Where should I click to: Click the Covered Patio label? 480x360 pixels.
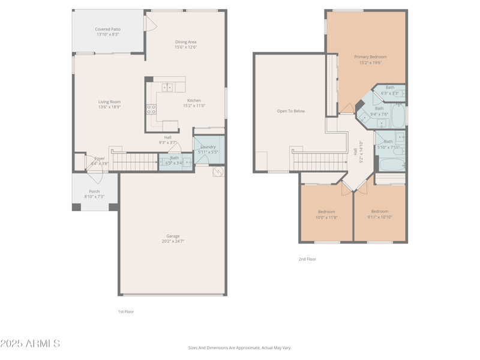coord(107,29)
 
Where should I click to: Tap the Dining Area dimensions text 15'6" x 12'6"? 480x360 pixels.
coord(185,47)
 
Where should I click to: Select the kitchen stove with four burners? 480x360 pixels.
coord(152,109)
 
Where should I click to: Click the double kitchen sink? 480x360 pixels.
coord(167,88)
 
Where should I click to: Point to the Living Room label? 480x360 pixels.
coord(110,102)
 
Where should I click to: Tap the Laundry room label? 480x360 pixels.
coord(208,146)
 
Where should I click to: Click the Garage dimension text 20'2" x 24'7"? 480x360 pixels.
coord(173,241)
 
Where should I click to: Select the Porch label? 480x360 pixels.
coord(94,191)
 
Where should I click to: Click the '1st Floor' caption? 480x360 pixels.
coord(126,311)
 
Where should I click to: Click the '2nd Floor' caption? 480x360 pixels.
coord(307,259)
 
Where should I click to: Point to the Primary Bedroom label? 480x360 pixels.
coord(370,57)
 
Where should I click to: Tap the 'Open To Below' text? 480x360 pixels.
coord(291,111)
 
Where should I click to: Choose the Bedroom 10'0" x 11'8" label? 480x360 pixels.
coord(326,211)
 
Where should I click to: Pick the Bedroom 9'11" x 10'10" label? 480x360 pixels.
coord(380,211)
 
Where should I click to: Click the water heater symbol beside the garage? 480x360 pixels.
coord(218,172)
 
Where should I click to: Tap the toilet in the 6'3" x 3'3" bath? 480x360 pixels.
coord(379,92)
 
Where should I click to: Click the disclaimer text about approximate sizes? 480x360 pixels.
coord(240,347)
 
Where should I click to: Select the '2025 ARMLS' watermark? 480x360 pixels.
coord(30,344)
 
